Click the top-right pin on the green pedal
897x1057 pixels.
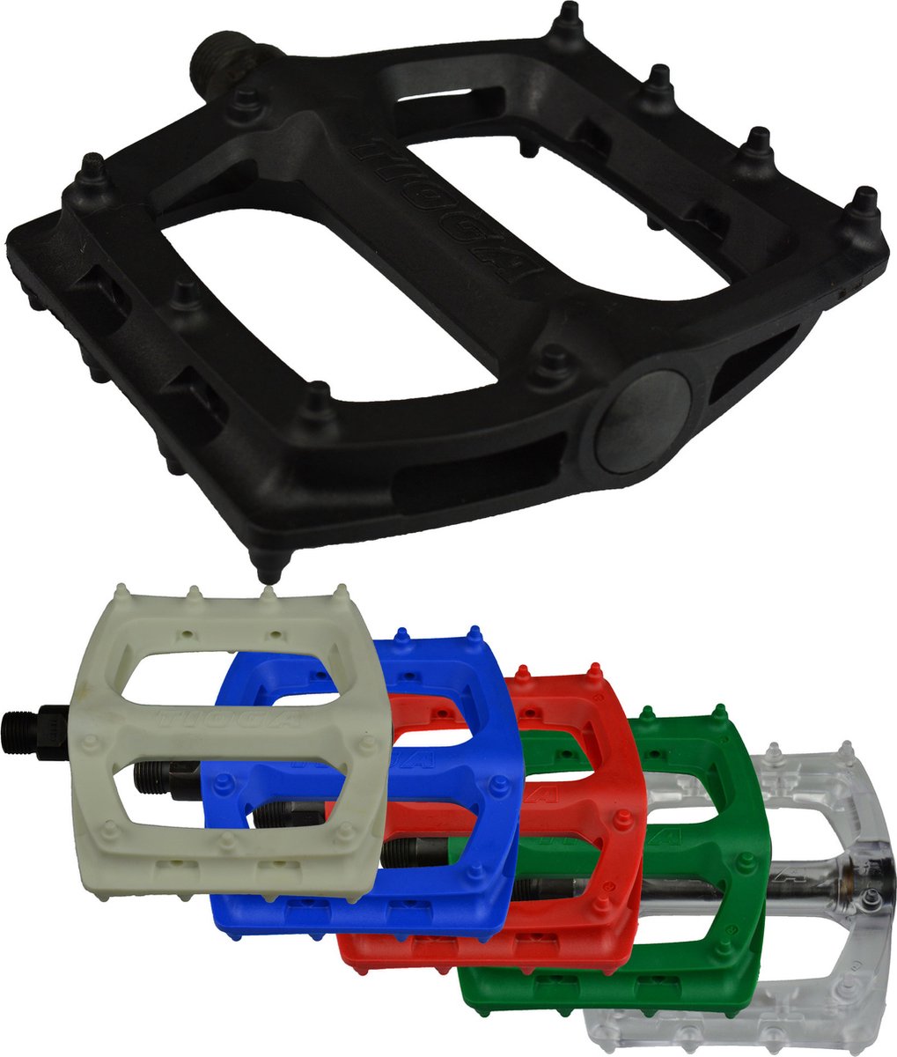pos(720,713)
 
